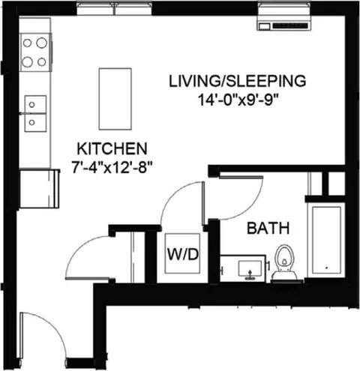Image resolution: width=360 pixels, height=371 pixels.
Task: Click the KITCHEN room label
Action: tap(112, 148)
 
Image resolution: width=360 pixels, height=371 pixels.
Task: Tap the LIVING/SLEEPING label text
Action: tap(237, 81)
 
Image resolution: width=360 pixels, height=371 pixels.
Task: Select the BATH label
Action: tap(268, 228)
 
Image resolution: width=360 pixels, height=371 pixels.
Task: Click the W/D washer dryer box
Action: tap(182, 253)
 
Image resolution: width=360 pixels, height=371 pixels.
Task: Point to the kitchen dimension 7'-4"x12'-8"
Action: tap(112, 167)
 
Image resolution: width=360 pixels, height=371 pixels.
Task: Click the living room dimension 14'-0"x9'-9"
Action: tap(238, 100)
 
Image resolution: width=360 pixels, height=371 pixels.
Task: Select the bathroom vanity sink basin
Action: tap(250, 268)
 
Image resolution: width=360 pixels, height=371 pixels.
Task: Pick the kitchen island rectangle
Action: tap(115, 99)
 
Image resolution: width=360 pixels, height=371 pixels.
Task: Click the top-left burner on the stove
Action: tap(27, 43)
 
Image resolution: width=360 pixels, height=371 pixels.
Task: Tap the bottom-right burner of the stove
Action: tap(42, 61)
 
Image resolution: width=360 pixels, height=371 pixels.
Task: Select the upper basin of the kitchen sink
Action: tap(35, 104)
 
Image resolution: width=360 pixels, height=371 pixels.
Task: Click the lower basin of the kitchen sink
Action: tap(35, 123)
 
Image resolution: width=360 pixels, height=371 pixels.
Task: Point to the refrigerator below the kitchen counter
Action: tap(39, 189)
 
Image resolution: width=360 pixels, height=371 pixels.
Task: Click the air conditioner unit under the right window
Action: tap(284, 24)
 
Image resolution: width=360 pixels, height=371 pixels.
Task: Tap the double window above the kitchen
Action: tap(114, 8)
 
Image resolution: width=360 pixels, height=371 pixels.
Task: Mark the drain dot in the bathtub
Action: tap(326, 268)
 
